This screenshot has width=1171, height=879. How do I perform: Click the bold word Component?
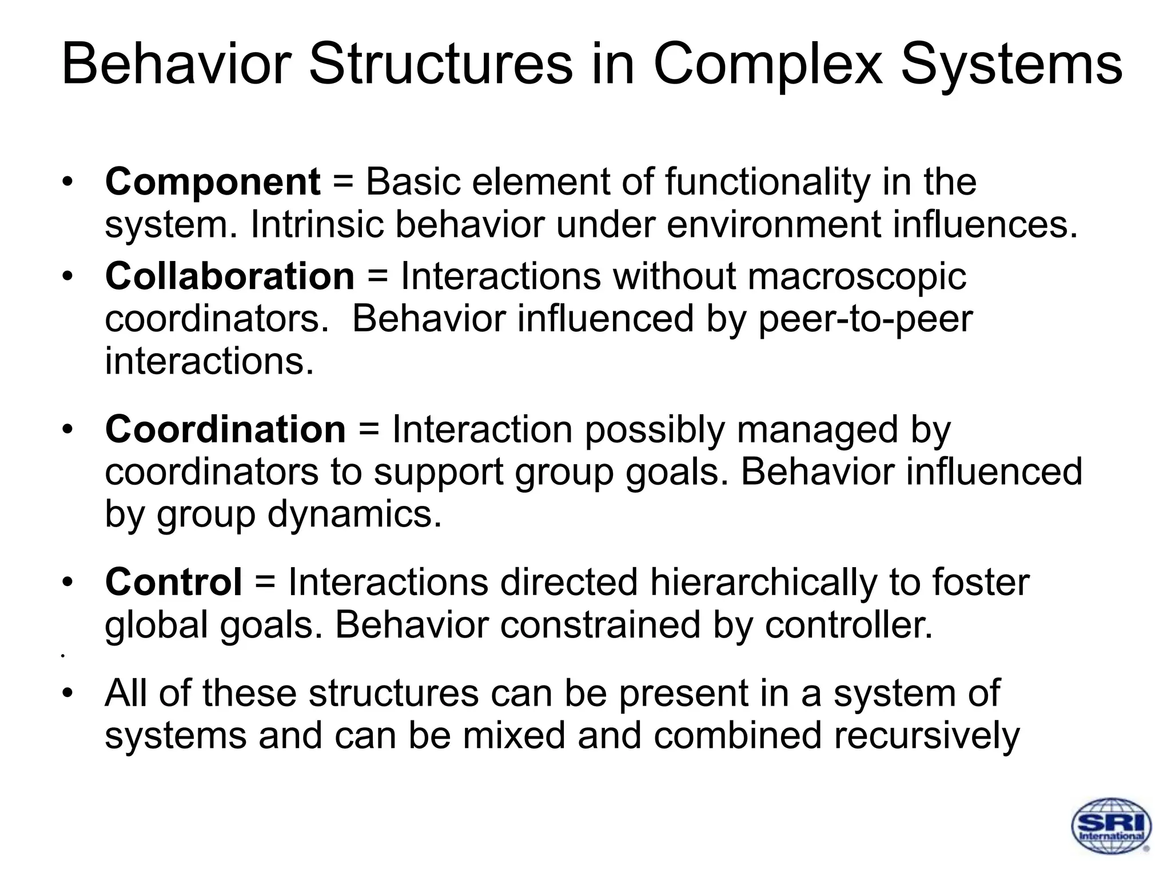click(213, 182)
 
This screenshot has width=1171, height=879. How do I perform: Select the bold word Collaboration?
click(230, 276)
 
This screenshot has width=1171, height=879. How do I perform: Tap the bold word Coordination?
click(225, 429)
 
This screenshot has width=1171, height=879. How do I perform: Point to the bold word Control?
click(174, 582)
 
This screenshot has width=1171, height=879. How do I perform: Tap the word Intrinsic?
click(316, 224)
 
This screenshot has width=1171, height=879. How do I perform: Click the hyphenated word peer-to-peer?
click(865, 319)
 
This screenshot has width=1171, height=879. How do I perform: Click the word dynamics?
click(355, 514)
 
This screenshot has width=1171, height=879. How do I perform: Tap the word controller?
click(849, 624)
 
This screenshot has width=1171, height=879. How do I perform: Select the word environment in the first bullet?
click(774, 224)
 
